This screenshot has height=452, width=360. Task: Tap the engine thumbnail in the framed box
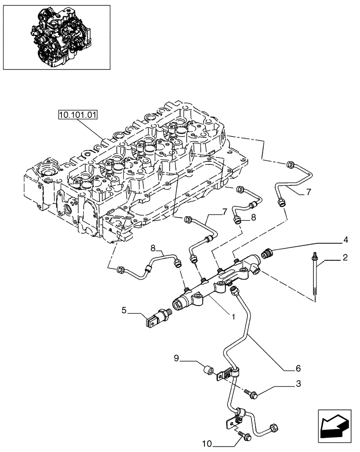pyautogui.click(x=57, y=37)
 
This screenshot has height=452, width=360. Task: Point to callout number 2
pyautogui.click(x=346, y=258)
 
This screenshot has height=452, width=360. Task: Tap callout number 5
pyautogui.click(x=123, y=310)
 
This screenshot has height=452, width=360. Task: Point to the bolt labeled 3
pyautogui.click(x=250, y=394)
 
